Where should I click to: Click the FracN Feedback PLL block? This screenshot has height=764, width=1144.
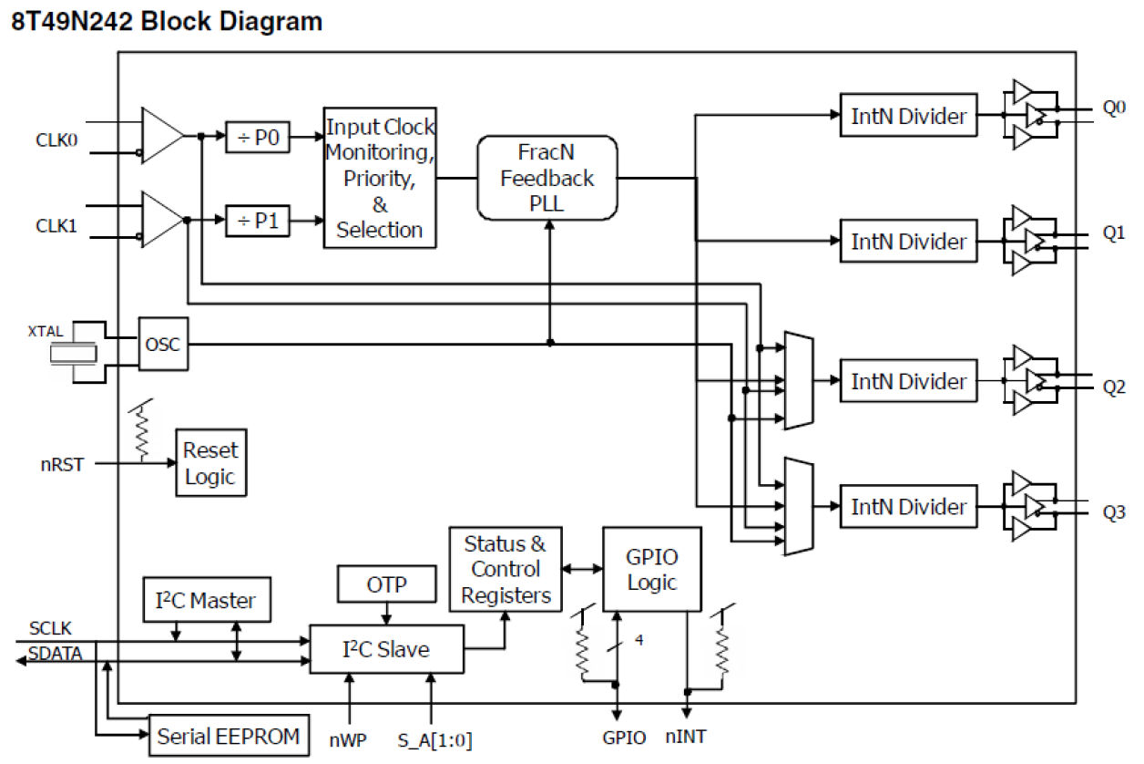click(547, 177)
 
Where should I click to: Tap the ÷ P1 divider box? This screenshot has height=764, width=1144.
click(258, 221)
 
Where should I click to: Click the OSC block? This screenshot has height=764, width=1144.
click(164, 344)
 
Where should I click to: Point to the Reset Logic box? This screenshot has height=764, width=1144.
click(210, 463)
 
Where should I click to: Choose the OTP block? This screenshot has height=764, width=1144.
click(386, 583)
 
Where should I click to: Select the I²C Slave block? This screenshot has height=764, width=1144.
click(386, 649)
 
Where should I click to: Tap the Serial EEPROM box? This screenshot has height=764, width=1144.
click(228, 736)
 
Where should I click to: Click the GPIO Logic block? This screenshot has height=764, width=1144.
click(651, 569)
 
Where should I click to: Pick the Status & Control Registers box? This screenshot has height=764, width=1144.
click(506, 569)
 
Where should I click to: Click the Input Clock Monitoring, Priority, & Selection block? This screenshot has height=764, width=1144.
click(380, 178)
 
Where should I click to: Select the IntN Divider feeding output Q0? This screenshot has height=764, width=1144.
click(908, 116)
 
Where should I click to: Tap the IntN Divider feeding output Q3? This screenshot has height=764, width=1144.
click(908, 507)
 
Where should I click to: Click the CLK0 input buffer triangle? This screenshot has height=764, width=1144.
click(161, 136)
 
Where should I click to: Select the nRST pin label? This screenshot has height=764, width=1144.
click(63, 464)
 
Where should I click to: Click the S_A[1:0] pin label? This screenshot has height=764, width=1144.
click(435, 738)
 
